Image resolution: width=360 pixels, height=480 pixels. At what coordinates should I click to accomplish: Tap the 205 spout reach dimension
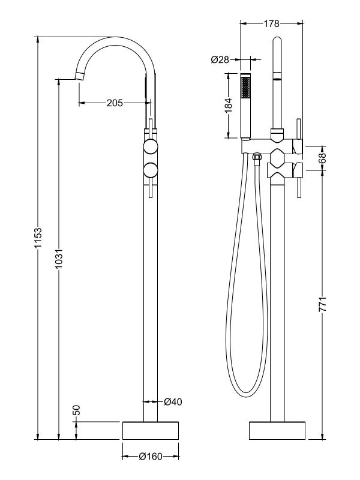point(115,103)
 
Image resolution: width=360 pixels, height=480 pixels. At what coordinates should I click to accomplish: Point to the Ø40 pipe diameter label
point(173,401)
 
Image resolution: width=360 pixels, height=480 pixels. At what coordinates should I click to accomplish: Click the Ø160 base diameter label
point(151,457)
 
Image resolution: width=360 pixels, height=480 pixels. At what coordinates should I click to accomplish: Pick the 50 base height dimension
point(76,411)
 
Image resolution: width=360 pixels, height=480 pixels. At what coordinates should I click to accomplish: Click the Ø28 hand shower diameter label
point(220,59)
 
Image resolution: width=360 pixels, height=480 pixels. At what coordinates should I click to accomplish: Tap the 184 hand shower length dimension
point(228,106)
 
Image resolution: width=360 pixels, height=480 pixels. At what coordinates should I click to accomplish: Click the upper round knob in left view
point(151,148)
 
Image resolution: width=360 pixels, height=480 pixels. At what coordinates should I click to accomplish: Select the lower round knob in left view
point(151,170)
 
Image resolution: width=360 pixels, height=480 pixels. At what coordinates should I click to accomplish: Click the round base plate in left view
point(151,431)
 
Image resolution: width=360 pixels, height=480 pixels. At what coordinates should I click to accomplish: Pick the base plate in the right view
point(277,431)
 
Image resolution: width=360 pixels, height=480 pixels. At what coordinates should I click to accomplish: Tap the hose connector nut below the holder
point(256,157)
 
